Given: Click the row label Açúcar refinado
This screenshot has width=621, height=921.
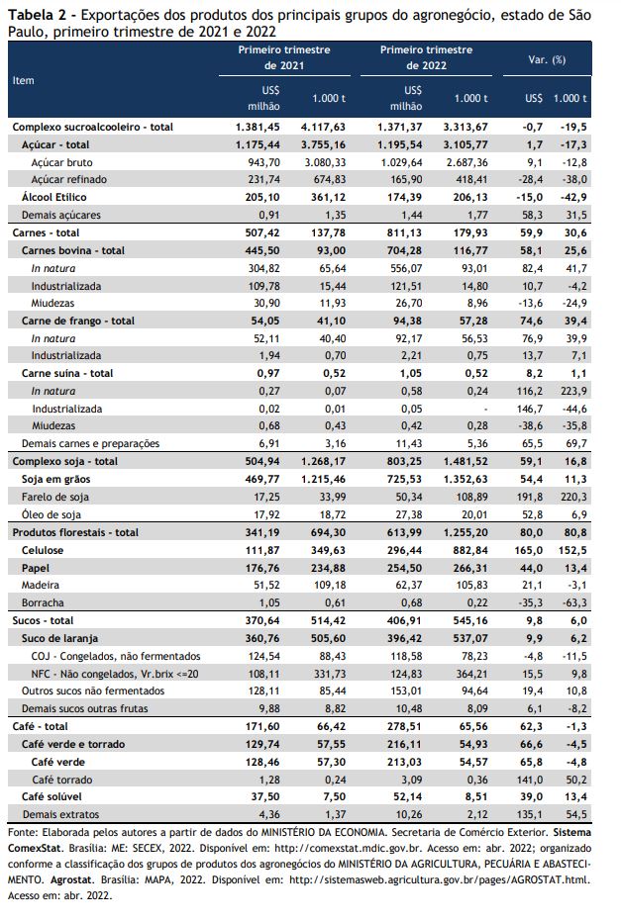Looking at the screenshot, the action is [x=68, y=180].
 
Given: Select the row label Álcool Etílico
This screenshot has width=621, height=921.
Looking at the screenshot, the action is [x=54, y=198].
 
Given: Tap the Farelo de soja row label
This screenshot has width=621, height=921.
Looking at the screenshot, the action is [x=55, y=497].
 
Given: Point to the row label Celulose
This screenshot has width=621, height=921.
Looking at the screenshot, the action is [x=43, y=550].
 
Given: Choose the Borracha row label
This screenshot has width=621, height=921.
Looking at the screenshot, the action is [x=43, y=602].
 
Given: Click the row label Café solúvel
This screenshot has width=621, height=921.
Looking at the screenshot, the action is [x=52, y=796].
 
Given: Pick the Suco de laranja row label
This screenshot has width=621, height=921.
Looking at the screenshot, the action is [x=60, y=638].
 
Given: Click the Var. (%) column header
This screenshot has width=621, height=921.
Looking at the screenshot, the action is [x=547, y=60].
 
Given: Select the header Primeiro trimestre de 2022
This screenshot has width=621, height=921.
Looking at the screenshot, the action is [x=426, y=57].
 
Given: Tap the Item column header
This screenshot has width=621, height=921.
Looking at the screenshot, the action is [x=24, y=80].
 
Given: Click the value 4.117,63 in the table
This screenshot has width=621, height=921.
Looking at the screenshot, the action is [x=323, y=127].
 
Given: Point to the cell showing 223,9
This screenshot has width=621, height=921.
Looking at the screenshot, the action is [x=572, y=391].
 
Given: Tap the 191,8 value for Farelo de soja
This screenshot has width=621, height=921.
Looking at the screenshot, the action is [x=532, y=497].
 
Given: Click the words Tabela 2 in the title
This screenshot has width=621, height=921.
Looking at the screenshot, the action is [x=34, y=15].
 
